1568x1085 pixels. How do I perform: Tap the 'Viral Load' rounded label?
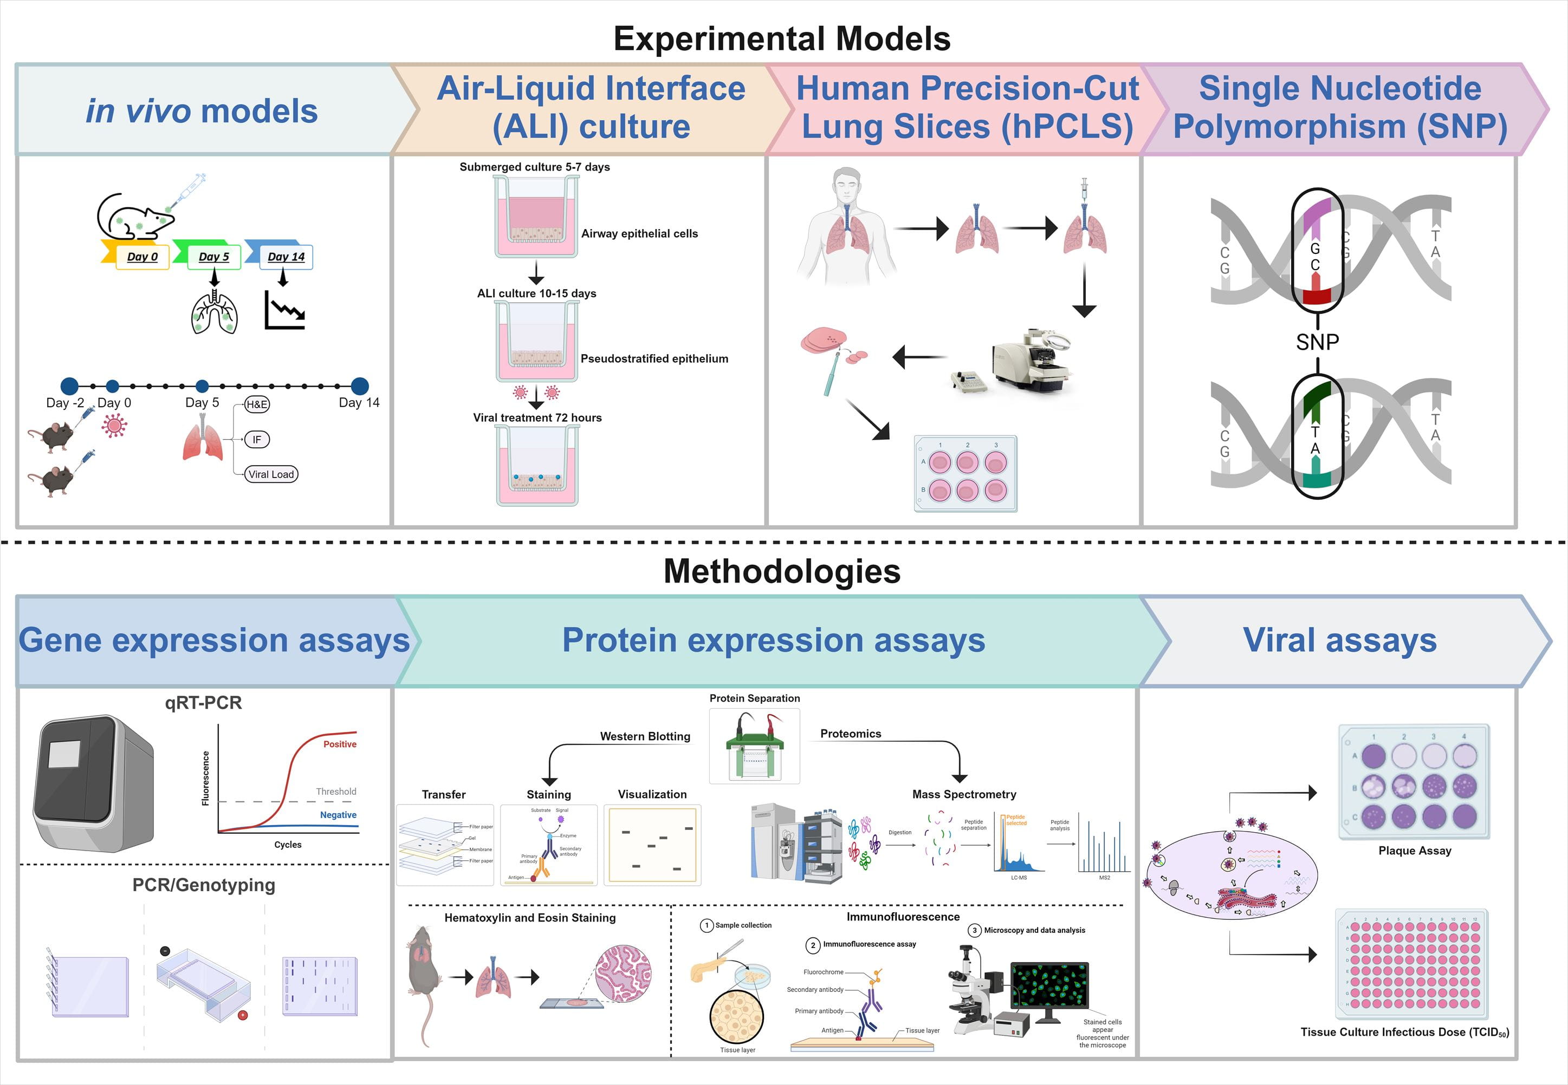[271, 474]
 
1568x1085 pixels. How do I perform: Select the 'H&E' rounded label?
[256, 404]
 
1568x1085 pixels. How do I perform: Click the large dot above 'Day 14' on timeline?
[360, 386]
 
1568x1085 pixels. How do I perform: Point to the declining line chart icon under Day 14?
[284, 311]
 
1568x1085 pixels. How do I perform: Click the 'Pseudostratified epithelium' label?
[654, 359]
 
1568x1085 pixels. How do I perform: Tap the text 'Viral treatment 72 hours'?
[537, 417]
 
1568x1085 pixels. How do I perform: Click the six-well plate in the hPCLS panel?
[966, 474]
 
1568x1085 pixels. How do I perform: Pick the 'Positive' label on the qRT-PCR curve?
[340, 744]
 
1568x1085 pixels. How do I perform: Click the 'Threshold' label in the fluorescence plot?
[336, 792]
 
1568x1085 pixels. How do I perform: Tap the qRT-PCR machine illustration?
[94, 783]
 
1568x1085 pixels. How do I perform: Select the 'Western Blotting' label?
[645, 736]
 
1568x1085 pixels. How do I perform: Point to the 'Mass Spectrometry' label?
[964, 794]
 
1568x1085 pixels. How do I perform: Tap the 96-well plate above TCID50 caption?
[1411, 964]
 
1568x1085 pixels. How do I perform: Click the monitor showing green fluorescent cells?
[1049, 987]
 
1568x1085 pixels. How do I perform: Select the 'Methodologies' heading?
[782, 571]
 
